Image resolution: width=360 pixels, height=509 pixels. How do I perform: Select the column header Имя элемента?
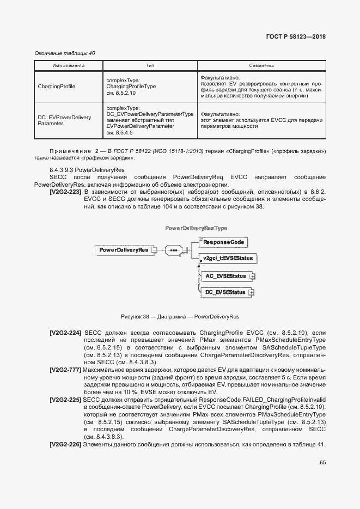point(68,65)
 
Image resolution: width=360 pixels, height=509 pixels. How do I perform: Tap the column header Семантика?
point(261,65)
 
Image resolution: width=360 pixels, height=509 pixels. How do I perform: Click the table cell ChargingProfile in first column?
point(57,87)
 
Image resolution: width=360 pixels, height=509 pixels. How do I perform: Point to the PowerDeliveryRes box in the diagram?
point(124,250)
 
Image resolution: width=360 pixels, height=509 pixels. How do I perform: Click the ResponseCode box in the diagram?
point(224,241)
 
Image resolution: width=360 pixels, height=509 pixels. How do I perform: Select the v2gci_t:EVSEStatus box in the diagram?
point(227,258)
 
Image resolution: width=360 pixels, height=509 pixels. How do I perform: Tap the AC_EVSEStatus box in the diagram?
point(225,277)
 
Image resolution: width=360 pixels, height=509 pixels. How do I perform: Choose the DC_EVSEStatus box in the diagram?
point(225,293)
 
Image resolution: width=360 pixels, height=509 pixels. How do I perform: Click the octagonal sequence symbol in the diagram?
point(174,250)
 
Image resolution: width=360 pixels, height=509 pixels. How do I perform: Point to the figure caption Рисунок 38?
point(180,316)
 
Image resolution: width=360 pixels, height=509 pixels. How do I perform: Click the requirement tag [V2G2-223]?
point(66,192)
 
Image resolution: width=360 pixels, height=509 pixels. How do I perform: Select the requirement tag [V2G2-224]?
point(66,332)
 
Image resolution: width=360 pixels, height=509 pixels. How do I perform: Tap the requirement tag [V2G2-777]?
point(66,370)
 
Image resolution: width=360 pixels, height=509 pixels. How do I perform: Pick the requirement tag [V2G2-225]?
point(66,400)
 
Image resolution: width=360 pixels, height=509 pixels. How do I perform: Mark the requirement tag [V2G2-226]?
point(66,445)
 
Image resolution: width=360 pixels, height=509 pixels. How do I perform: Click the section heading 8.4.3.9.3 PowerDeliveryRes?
point(87,170)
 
